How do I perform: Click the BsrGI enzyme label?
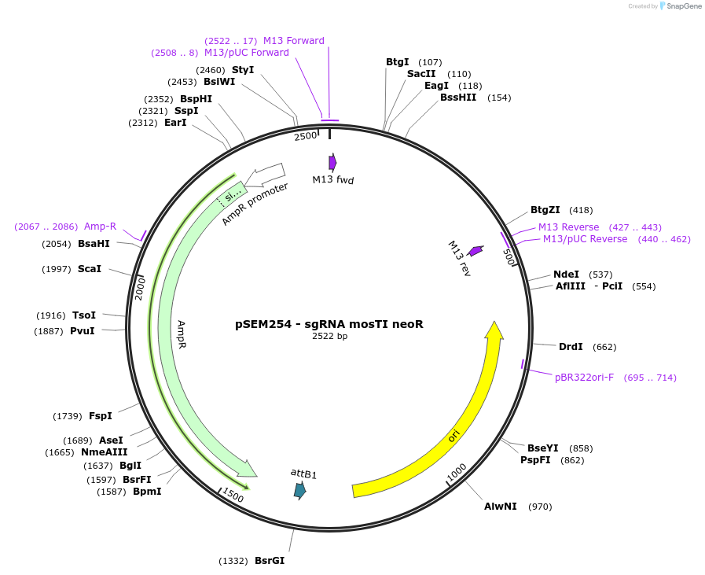tap(270, 561)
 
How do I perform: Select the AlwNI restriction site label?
tap(501, 507)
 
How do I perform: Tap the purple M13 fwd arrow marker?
tap(332, 162)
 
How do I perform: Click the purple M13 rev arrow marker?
tap(476, 251)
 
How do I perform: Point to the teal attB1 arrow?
tap(299, 491)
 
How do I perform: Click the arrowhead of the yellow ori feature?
tap(494, 330)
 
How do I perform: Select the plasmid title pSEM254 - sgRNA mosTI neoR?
tap(329, 323)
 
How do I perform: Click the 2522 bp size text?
tap(329, 336)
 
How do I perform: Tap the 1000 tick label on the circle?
tap(457, 472)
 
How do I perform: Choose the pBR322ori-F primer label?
tap(584, 378)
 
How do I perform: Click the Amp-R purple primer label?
tap(100, 227)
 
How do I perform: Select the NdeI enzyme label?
tap(566, 275)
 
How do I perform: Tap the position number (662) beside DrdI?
tap(604, 347)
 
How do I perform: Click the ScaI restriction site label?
tap(90, 269)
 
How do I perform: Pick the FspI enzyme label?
tap(101, 416)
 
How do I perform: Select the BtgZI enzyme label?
tap(545, 210)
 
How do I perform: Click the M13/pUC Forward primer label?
tap(246, 53)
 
